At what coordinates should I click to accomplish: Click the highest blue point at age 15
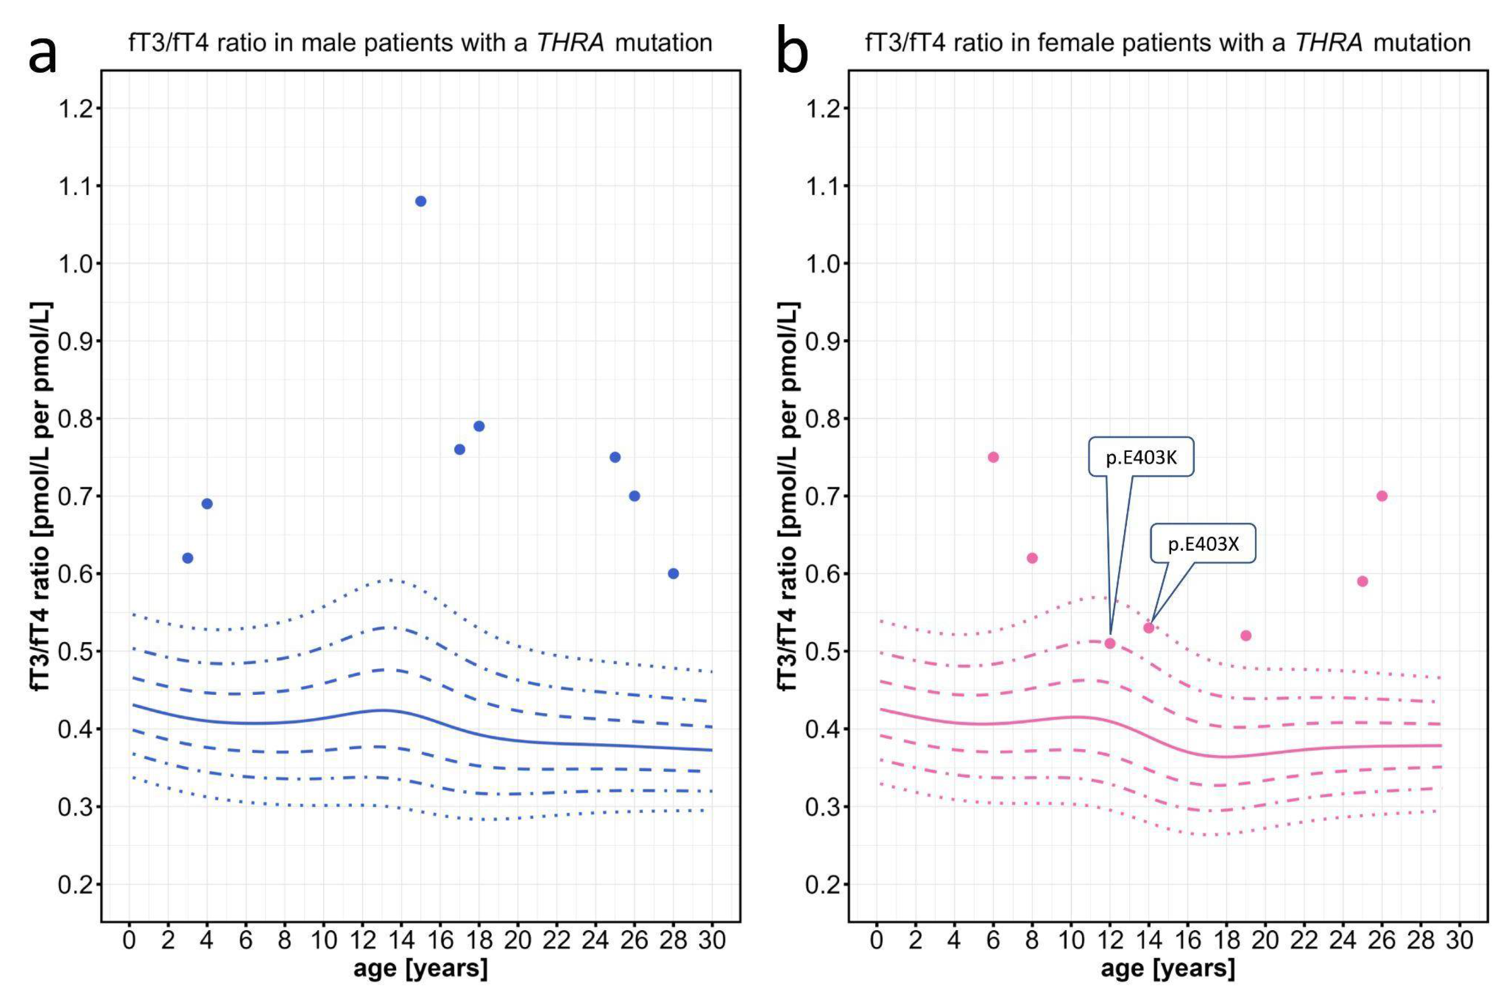(421, 201)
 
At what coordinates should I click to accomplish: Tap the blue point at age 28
(673, 573)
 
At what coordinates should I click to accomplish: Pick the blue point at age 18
(479, 426)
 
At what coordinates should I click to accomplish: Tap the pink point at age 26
(1382, 496)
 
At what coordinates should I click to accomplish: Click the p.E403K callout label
(1141, 458)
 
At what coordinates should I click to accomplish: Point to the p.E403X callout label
(1203, 544)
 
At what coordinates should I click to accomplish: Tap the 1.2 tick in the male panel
(79, 108)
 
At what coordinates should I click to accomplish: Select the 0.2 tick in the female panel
(826, 885)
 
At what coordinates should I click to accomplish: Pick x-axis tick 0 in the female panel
(877, 940)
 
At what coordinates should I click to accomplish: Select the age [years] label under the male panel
(421, 968)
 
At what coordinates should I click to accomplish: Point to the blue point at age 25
(614, 457)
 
